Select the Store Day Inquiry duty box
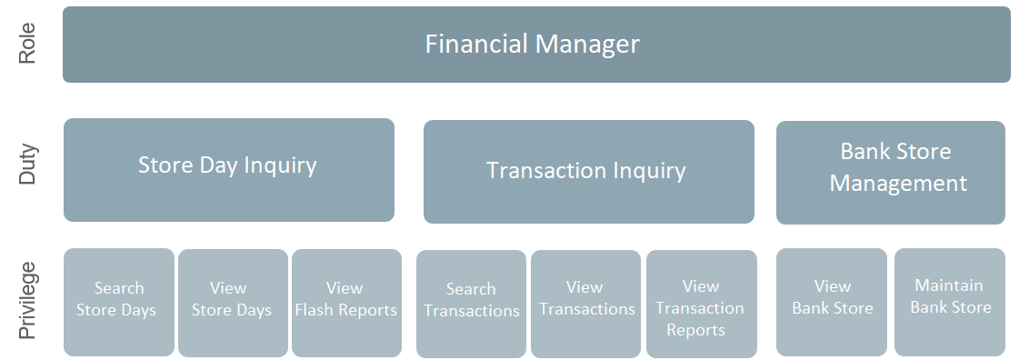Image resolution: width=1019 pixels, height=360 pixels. pos(228,170)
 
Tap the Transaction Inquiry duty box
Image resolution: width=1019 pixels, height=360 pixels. pos(588,172)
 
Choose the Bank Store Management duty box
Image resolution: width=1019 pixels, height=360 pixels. pos(890,173)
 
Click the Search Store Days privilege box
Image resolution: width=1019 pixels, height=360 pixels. pos(118,303)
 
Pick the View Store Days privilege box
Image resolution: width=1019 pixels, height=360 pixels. pos(232,303)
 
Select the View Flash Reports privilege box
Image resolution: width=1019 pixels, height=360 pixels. pos(346,303)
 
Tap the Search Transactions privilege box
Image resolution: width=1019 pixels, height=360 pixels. pos(471,304)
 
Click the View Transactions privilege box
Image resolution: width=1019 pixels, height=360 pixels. pos(586,304)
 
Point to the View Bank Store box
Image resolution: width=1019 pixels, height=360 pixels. pos(831,302)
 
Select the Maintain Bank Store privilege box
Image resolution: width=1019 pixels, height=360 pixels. pos(950,302)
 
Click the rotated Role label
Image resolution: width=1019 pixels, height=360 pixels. pos(27,45)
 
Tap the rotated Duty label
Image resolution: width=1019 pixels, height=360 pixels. pos(27,165)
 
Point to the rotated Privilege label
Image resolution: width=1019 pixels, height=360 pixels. pos(27,301)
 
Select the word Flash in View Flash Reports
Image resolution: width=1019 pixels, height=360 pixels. pos(328,310)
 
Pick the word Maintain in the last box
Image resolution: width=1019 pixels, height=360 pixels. pos(949,285)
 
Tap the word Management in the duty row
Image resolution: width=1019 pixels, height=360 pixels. pos(898,184)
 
